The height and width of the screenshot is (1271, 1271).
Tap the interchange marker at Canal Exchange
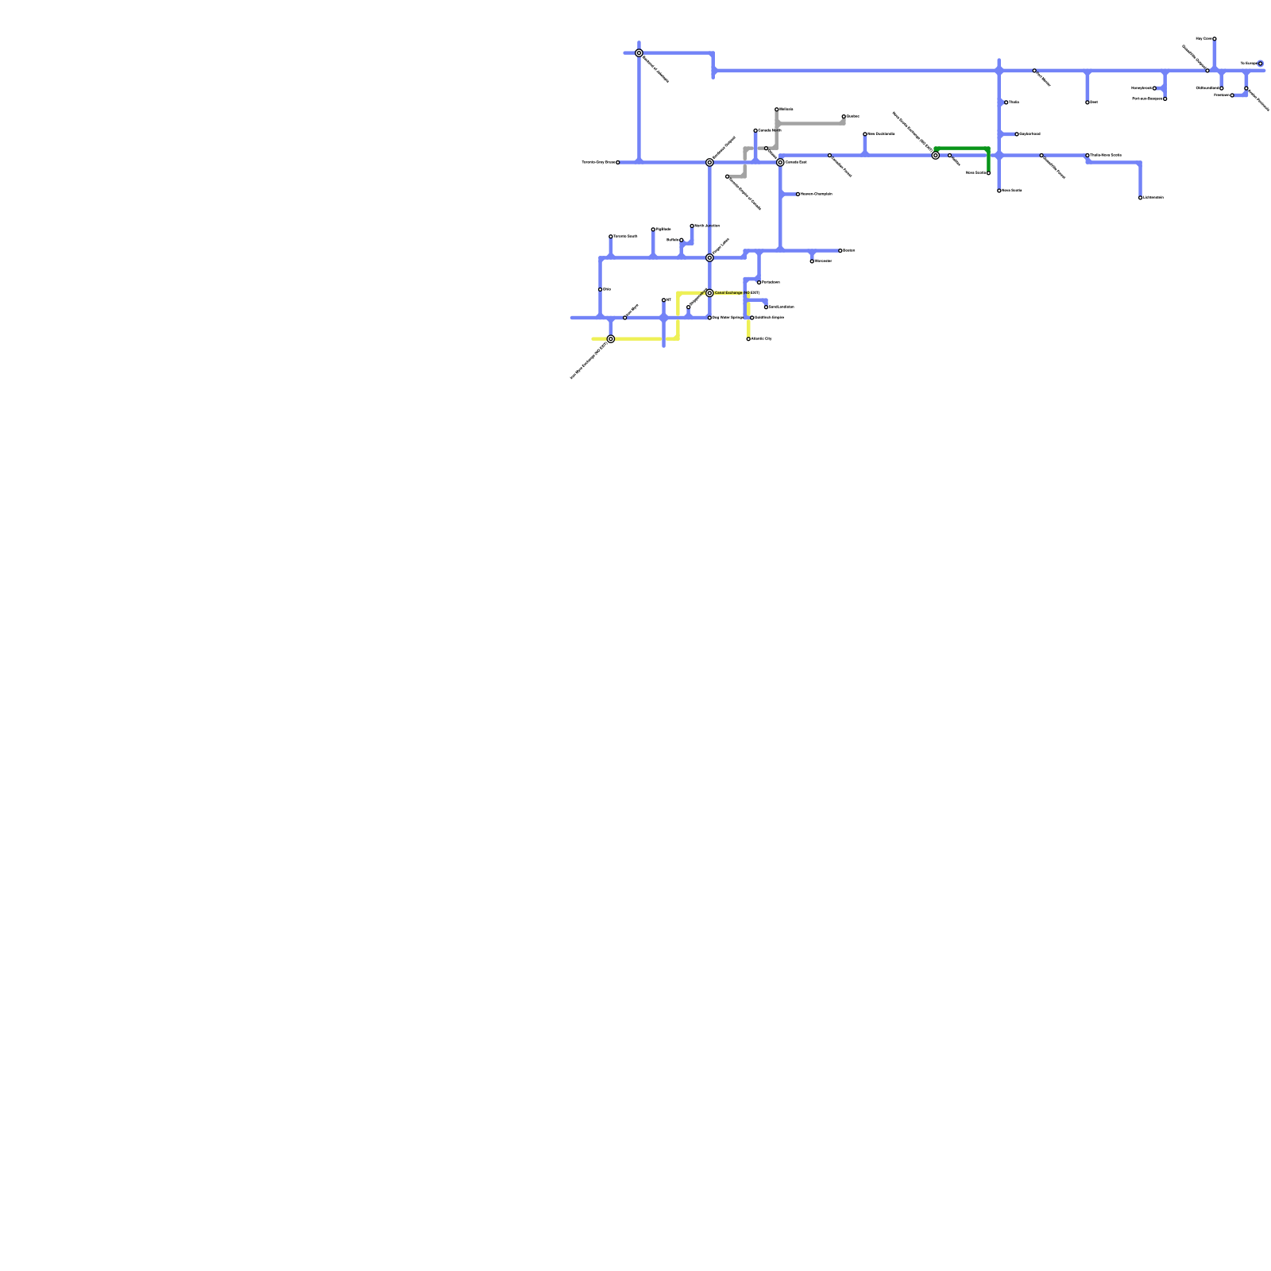[709, 293]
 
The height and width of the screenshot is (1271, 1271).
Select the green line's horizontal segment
[961, 149]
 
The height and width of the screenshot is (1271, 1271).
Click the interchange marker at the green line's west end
[936, 156]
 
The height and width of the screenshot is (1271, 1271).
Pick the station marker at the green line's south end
[988, 173]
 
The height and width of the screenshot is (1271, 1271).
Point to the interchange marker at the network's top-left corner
[639, 53]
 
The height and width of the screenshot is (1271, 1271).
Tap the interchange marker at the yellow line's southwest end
[610, 339]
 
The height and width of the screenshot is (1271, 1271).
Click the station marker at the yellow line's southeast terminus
[748, 339]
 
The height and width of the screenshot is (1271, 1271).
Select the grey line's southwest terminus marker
[727, 176]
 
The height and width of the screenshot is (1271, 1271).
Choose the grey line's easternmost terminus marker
[844, 117]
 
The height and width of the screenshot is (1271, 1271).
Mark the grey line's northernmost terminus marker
[777, 110]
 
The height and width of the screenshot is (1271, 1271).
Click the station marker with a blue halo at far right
[1260, 64]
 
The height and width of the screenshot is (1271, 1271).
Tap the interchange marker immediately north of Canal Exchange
[709, 257]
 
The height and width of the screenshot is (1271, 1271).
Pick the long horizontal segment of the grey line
[810, 124]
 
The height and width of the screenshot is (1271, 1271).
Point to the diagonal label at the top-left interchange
[655, 69]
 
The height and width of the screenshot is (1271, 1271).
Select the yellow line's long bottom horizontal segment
[635, 339]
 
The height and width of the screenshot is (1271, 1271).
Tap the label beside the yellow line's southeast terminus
[762, 339]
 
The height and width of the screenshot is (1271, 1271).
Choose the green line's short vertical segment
[988, 161]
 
